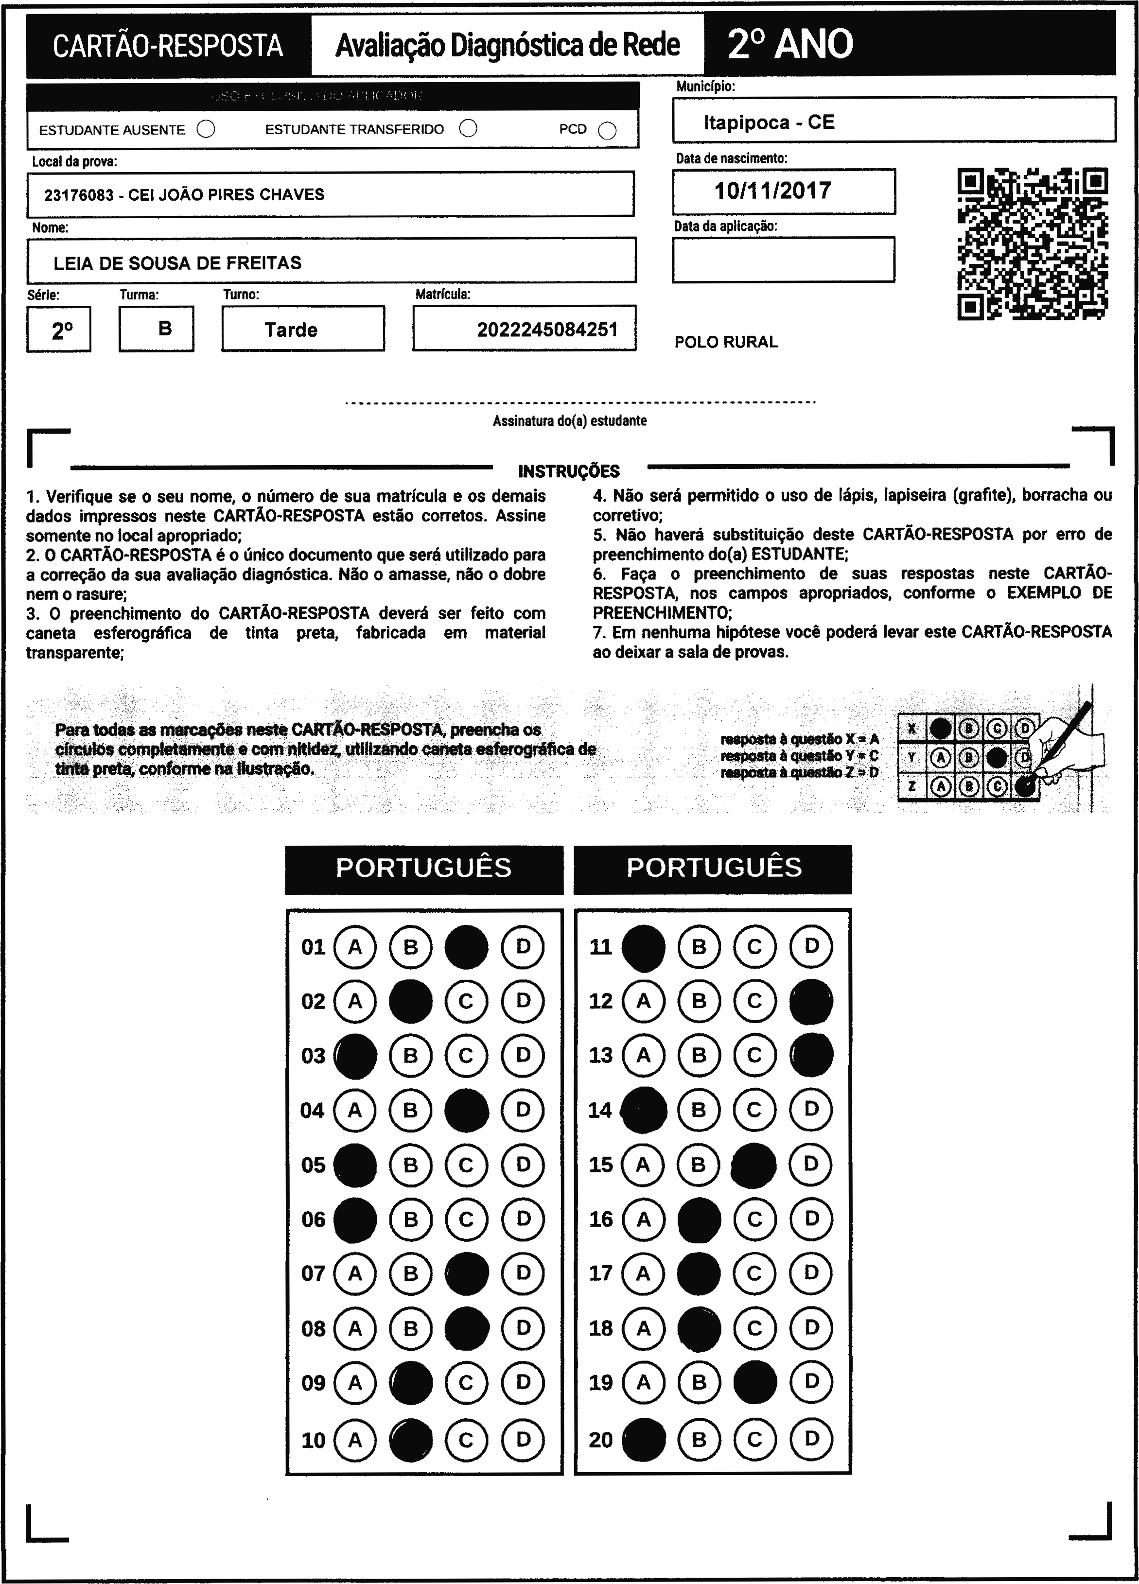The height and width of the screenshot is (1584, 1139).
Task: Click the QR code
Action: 1032,244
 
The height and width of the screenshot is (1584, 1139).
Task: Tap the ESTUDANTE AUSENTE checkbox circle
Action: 206,129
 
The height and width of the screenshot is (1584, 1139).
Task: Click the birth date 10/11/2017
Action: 772,191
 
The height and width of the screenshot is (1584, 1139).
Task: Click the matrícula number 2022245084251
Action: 547,329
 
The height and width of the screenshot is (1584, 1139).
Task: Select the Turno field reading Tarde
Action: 291,329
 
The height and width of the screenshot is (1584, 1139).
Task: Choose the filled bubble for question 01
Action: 467,947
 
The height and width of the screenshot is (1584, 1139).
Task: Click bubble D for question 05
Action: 523,1164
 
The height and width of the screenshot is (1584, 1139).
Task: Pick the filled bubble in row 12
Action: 811,1002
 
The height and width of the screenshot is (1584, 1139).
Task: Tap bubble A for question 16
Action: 643,1218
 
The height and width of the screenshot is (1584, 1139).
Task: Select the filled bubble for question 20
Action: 643,1440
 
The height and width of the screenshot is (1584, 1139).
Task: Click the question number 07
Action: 313,1273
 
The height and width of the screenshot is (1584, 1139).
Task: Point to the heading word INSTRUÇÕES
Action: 568,471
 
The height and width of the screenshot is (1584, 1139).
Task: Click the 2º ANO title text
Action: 790,45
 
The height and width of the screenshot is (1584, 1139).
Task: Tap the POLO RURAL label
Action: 726,342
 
